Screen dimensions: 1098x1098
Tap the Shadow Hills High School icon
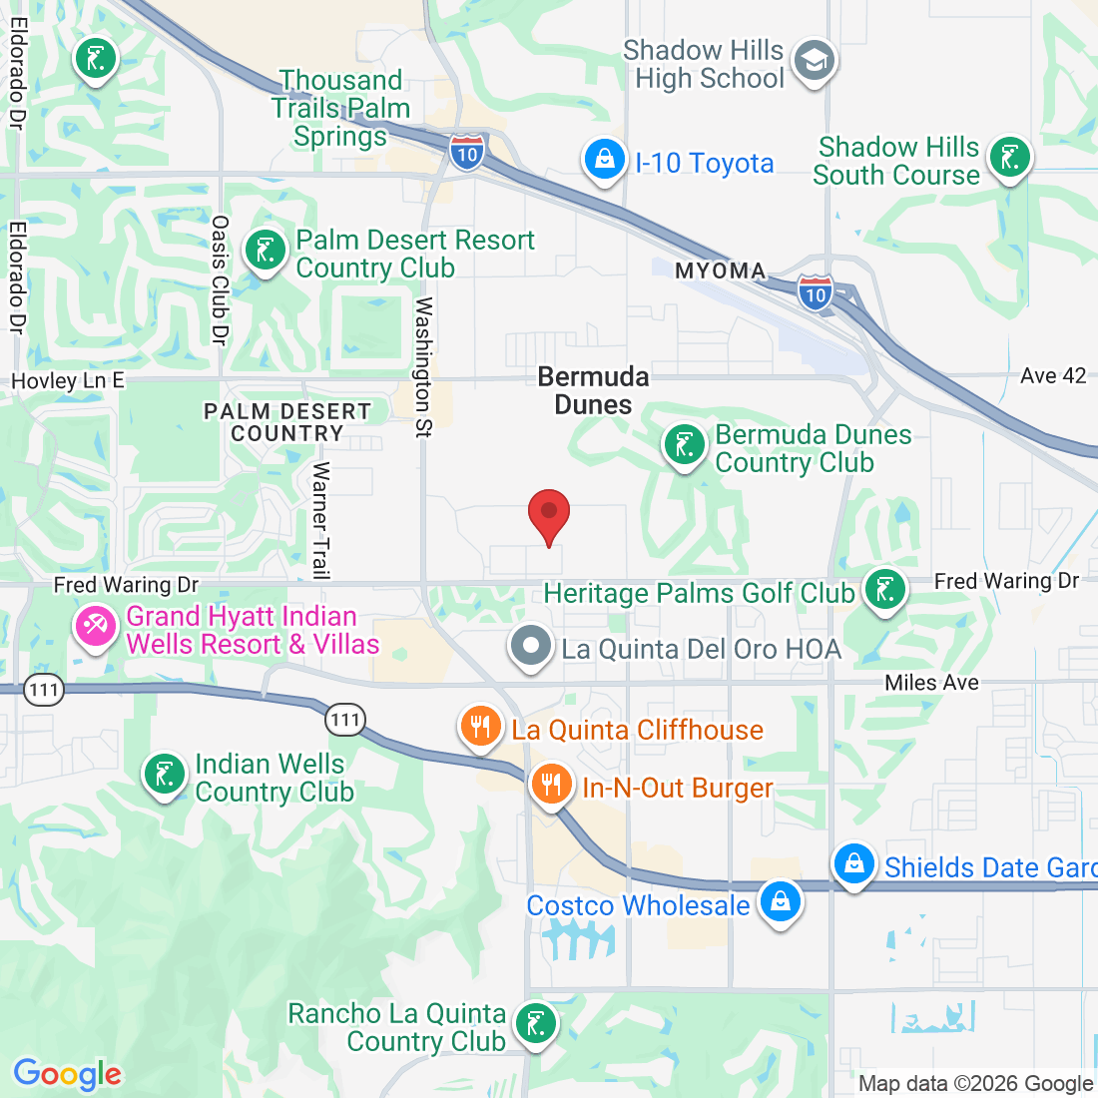815,63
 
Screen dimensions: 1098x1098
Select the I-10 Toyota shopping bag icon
604,161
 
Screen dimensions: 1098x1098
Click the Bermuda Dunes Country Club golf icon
685,446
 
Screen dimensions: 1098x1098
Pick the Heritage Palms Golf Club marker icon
884,590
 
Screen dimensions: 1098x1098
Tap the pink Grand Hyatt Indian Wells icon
95,628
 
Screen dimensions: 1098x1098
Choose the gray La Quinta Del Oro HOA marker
531,646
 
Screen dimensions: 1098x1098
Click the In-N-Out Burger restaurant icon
550,785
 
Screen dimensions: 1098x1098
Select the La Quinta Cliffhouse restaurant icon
481,728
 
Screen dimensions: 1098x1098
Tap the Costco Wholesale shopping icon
780,902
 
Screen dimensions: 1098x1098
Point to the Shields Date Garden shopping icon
854,864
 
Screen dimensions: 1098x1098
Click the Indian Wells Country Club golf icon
165,776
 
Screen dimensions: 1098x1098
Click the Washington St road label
424,366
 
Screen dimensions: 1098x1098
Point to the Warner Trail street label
320,520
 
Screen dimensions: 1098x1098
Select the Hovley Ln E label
68,380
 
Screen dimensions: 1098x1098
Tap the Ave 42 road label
1053,375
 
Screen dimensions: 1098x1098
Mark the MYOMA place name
720,271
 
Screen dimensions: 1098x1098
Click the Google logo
67,1074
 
